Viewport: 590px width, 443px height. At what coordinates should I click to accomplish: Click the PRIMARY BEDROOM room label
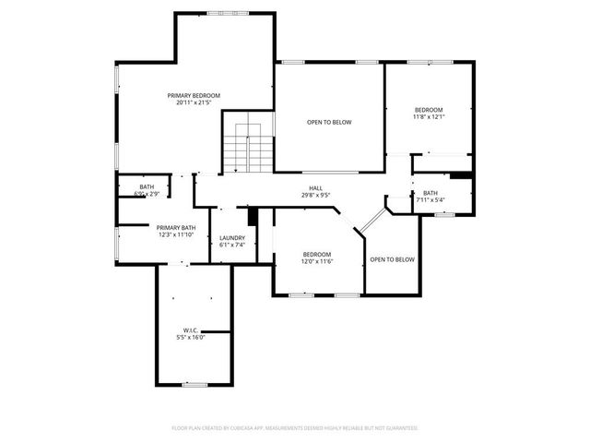point(193,95)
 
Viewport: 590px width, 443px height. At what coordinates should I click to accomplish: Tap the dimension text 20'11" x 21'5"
point(193,102)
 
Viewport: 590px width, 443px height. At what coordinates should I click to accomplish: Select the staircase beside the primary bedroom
point(247,148)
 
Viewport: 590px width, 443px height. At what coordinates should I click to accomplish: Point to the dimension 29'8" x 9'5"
point(315,196)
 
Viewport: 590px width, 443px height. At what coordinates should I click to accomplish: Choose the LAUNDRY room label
point(231,238)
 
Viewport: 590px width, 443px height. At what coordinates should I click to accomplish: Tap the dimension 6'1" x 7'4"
point(231,245)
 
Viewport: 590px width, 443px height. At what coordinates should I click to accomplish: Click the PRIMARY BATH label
point(175,228)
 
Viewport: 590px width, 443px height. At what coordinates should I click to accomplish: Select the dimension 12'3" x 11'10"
point(175,235)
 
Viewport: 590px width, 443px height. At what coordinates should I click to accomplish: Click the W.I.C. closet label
point(191,329)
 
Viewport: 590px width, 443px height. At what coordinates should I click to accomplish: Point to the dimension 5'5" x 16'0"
point(191,337)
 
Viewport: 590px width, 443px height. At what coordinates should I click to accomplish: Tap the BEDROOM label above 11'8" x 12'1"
point(428,110)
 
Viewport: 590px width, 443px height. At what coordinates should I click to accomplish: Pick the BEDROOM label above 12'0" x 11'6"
point(317,254)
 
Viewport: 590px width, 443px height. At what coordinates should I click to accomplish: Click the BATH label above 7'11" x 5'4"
point(431,193)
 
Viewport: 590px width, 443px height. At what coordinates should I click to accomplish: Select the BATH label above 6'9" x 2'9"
point(147,187)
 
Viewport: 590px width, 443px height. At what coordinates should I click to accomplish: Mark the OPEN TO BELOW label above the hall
point(329,122)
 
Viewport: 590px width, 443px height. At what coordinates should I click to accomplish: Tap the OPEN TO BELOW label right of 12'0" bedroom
point(393,259)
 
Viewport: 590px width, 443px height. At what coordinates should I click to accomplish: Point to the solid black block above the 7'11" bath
point(460,174)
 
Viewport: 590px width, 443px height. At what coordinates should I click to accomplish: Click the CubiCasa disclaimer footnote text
point(295,428)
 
